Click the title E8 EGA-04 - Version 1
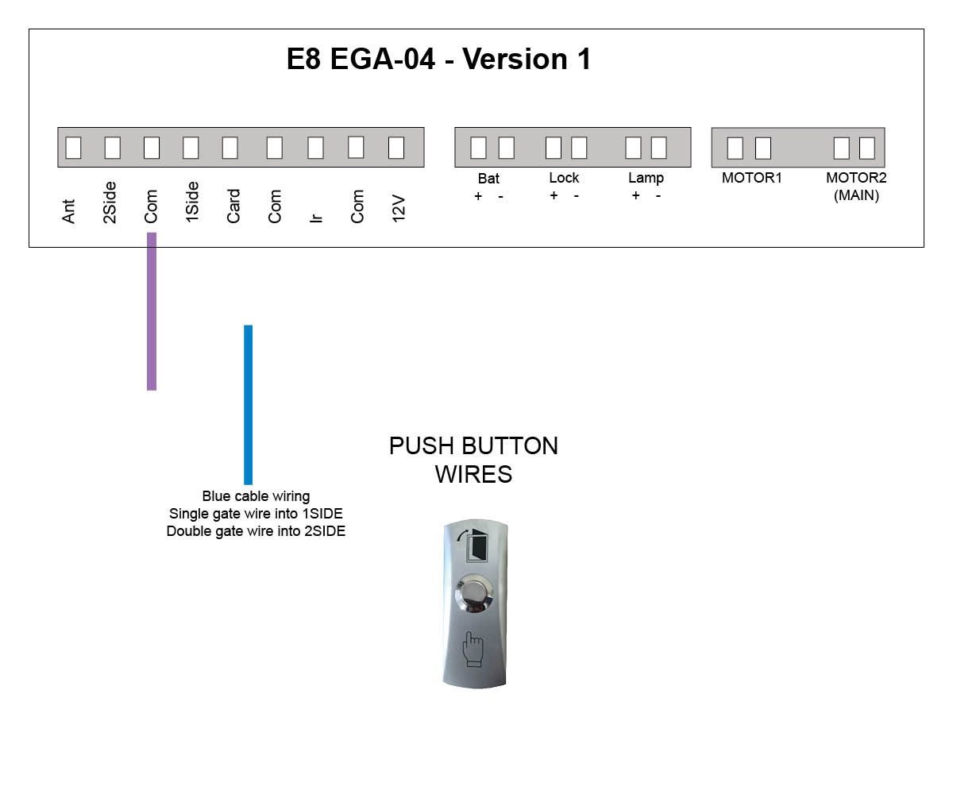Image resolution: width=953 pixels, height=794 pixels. [x=438, y=59]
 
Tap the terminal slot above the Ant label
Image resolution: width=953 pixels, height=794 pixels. [x=73, y=148]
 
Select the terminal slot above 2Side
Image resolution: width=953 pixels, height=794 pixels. [x=112, y=148]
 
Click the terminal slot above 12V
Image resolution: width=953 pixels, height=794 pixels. [x=396, y=148]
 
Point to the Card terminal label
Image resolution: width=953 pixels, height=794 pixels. [x=233, y=206]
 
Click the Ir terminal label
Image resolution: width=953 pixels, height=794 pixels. [x=316, y=218]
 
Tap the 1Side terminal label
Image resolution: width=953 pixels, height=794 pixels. [x=191, y=202]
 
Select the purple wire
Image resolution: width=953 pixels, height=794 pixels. [x=152, y=312]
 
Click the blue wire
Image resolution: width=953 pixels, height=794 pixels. [x=248, y=405]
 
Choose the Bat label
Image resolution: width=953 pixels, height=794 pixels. [x=488, y=179]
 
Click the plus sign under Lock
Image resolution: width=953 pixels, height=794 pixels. [x=554, y=195]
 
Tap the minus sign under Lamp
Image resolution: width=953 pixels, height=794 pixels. [x=658, y=196]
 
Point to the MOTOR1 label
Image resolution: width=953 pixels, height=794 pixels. [x=751, y=178]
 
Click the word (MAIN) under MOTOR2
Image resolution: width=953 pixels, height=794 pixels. [x=856, y=195]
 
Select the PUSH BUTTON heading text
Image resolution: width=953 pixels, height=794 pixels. [x=473, y=445]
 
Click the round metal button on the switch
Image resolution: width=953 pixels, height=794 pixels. [x=474, y=593]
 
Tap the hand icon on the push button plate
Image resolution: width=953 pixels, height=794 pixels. [x=473, y=649]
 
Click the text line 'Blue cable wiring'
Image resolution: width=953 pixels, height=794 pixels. [x=256, y=496]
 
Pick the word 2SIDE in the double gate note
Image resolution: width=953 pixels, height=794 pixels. [x=325, y=531]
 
